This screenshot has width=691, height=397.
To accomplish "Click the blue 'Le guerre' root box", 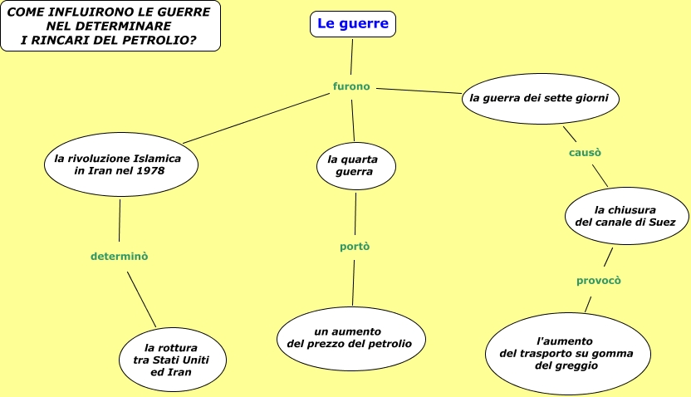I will click(x=353, y=24).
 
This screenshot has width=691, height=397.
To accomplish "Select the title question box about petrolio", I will click(x=110, y=26).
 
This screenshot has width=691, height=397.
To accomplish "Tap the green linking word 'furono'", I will click(x=351, y=86).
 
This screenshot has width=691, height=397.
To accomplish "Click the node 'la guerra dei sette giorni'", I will click(x=540, y=98).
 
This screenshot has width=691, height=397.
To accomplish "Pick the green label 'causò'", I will click(x=585, y=153).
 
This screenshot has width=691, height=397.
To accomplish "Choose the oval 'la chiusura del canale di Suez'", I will click(x=625, y=216).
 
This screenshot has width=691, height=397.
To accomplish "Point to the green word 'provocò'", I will click(x=599, y=281).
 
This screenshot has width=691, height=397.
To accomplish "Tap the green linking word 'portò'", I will click(x=355, y=247).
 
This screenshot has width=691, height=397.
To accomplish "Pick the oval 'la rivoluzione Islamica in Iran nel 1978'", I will click(x=120, y=164).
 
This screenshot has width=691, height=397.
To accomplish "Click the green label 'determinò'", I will click(x=120, y=257).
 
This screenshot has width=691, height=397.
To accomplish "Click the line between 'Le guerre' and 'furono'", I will click(x=352, y=58).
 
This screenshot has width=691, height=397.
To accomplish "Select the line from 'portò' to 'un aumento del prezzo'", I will click(x=354, y=282).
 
